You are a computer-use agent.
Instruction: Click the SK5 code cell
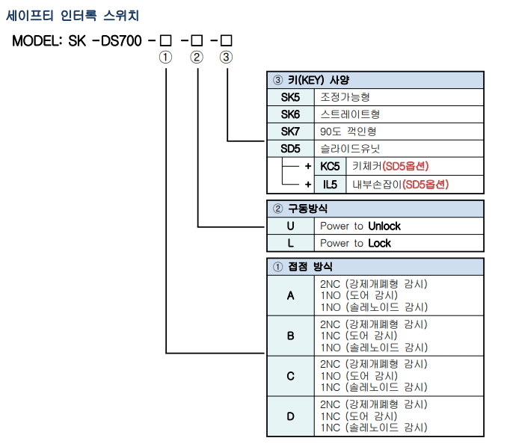click(x=290, y=97)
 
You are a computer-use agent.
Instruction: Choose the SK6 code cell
click(x=290, y=114)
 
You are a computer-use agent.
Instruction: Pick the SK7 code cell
click(x=290, y=132)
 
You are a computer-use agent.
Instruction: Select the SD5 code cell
click(x=290, y=149)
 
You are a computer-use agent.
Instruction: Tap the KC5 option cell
click(x=331, y=166)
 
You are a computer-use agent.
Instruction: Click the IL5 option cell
click(x=331, y=183)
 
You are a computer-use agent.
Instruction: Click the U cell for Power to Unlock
click(x=290, y=226)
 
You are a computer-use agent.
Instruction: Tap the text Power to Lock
click(x=355, y=243)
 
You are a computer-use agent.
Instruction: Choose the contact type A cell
click(x=290, y=296)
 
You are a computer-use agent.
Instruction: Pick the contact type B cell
click(x=290, y=336)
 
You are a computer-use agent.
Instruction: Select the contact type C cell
click(x=290, y=376)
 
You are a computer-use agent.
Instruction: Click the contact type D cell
click(x=290, y=416)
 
